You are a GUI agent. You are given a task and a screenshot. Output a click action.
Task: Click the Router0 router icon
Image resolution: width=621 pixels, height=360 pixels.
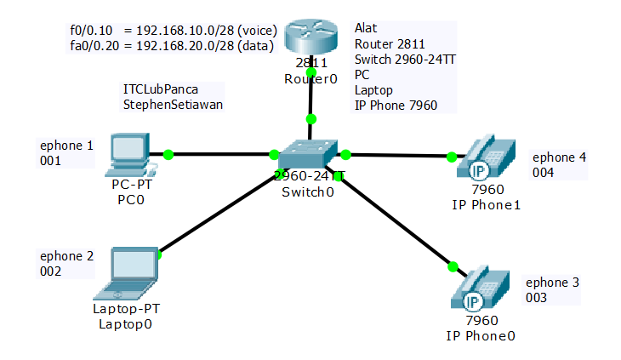click(310, 39)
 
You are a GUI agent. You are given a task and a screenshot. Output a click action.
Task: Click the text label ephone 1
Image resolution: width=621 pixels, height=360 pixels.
click(66, 146)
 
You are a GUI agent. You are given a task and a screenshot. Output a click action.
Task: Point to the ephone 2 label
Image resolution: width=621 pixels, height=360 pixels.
click(66, 255)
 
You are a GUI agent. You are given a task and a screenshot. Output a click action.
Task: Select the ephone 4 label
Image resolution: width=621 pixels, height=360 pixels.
click(559, 157)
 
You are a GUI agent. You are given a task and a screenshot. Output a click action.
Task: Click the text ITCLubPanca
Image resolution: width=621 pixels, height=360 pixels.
click(160, 89)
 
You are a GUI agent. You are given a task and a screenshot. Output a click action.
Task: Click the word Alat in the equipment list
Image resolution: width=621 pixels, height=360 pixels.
click(366, 28)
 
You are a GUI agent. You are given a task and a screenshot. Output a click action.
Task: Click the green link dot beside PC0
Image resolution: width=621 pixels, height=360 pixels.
click(168, 154)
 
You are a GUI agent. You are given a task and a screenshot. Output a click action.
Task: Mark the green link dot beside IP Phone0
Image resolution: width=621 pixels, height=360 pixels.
click(453, 266)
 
